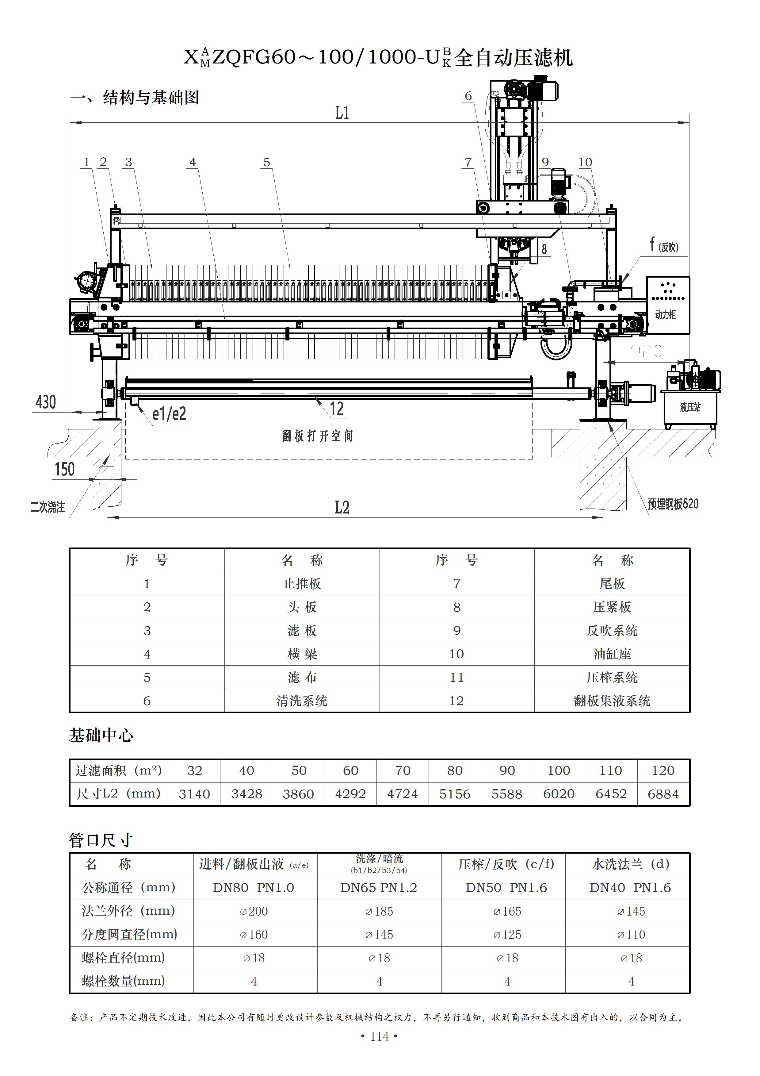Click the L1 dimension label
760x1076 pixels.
(x=342, y=113)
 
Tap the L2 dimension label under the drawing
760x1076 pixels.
(x=342, y=508)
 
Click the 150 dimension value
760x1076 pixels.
(x=65, y=469)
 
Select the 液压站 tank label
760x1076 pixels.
(x=690, y=407)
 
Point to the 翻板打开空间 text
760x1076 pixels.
(x=318, y=436)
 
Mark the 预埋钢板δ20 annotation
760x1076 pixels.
(x=673, y=504)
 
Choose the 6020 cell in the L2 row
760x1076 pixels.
(x=559, y=794)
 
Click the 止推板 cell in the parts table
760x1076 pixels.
(x=302, y=583)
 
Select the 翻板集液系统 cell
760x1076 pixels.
(x=612, y=701)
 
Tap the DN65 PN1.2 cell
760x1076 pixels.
(x=379, y=888)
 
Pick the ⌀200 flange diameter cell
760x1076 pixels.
(x=254, y=911)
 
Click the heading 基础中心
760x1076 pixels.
(x=101, y=735)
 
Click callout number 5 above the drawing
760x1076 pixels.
(x=267, y=162)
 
